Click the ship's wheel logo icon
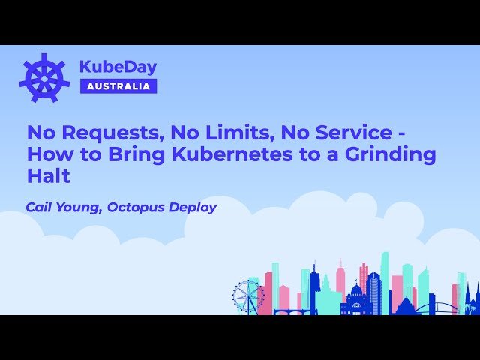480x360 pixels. [44, 77]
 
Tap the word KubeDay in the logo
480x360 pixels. [118, 67]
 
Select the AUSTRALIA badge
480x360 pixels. [118, 85]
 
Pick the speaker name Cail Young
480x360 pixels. [63, 207]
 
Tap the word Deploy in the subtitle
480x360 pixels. [191, 207]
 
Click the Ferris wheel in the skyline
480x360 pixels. [247, 295]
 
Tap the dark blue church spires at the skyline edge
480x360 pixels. [472, 296]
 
